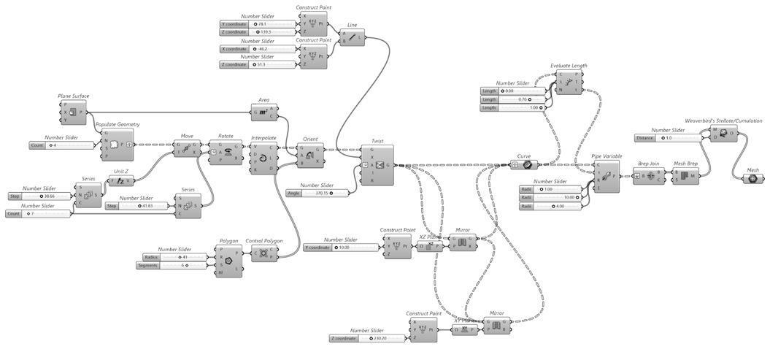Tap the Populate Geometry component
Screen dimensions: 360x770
coord(119,144)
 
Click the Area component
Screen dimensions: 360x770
coord(263,112)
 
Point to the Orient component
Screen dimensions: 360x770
coord(312,155)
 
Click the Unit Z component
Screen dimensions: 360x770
coord(120,180)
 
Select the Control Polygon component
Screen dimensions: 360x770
coord(263,254)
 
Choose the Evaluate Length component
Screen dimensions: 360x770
coord(569,83)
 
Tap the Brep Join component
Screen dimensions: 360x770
coord(649,176)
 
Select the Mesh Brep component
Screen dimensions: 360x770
coord(685,176)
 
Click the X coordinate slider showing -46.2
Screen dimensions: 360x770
coord(259,49)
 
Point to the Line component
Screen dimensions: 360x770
coord(353,38)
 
